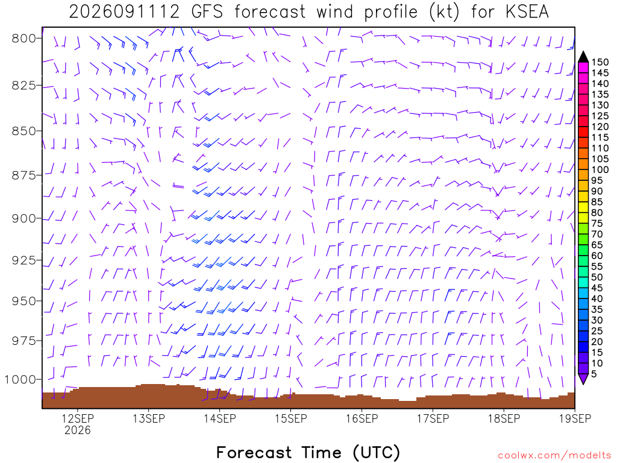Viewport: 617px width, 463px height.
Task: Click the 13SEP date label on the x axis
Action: (x=149, y=418)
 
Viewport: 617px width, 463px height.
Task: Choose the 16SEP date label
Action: (x=362, y=418)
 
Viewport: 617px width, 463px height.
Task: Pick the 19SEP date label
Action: (x=575, y=418)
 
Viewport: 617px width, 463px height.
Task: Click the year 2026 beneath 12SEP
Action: (x=78, y=430)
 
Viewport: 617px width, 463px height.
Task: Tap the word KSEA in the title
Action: (x=527, y=11)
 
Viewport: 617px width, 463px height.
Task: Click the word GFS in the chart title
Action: (x=207, y=11)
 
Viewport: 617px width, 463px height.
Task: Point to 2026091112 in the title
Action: (x=124, y=11)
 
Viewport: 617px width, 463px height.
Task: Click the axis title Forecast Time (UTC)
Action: (x=308, y=452)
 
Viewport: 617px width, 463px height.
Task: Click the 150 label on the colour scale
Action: (x=600, y=62)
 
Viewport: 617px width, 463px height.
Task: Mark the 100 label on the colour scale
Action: (x=600, y=169)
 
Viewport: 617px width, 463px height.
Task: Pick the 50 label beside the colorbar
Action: (x=597, y=277)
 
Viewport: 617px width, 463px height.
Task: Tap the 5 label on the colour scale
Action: (x=594, y=374)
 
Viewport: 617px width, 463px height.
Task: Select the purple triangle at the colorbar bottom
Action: (x=583, y=379)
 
